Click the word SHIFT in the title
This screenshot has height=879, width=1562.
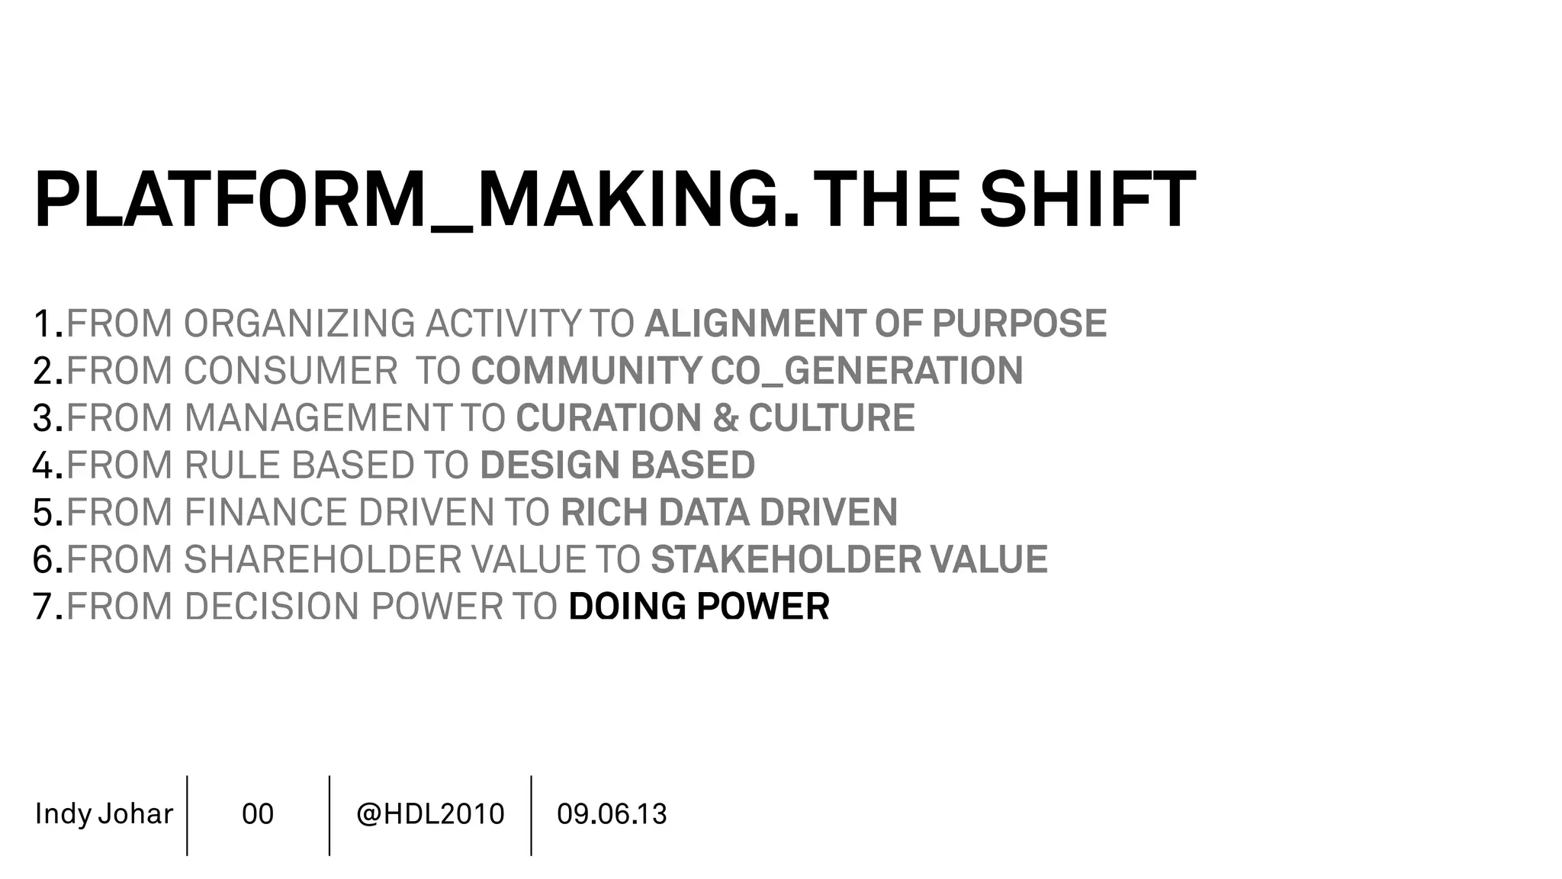[x=1087, y=200]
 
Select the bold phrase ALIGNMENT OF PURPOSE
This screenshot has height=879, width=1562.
[x=875, y=324]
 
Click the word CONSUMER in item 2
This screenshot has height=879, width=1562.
[x=290, y=371]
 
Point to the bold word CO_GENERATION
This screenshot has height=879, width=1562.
[x=866, y=371]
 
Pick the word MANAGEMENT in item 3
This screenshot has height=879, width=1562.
[x=318, y=418]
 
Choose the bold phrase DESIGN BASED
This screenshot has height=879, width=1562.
[x=617, y=465]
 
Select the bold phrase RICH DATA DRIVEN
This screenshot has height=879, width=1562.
[x=728, y=513]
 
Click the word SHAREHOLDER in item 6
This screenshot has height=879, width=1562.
[x=323, y=560]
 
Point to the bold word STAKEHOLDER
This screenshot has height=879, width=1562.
[x=786, y=560]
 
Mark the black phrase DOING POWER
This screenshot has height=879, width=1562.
[x=699, y=607]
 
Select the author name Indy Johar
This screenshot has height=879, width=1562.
[x=104, y=814]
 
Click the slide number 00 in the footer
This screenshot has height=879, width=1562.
[x=258, y=814]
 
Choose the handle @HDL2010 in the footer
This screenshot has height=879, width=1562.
[x=430, y=814]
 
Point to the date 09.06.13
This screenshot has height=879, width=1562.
[x=612, y=814]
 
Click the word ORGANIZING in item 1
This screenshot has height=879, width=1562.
[x=299, y=324]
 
